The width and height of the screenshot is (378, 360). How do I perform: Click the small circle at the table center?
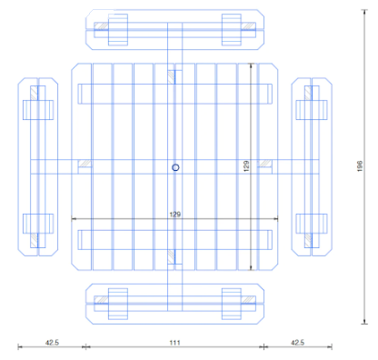(175, 167)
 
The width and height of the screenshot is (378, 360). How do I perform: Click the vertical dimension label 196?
(360, 166)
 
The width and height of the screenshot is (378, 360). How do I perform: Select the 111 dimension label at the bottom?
(174, 343)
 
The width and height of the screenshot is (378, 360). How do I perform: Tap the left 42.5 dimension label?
(52, 343)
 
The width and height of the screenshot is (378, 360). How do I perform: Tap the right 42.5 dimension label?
(297, 343)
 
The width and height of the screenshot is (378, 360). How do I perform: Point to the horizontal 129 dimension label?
(175, 215)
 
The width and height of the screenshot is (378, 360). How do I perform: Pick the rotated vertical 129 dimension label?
(246, 166)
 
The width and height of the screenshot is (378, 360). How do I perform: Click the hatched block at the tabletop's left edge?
(85, 164)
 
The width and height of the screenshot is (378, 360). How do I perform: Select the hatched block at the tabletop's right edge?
(264, 164)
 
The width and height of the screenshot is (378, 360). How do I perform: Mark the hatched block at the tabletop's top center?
(172, 77)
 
